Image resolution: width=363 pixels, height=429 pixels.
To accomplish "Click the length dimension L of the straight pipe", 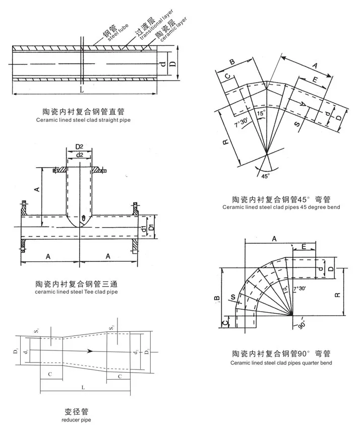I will tap(82, 90).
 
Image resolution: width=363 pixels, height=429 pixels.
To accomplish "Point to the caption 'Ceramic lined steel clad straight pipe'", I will tap(83, 121).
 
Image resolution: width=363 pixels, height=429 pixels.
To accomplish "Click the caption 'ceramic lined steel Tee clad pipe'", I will tap(77, 292).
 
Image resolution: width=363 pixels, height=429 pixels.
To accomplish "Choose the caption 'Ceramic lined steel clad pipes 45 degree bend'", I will tap(281, 207).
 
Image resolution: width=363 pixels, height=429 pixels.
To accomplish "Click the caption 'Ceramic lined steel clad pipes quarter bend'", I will tap(281, 363).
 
